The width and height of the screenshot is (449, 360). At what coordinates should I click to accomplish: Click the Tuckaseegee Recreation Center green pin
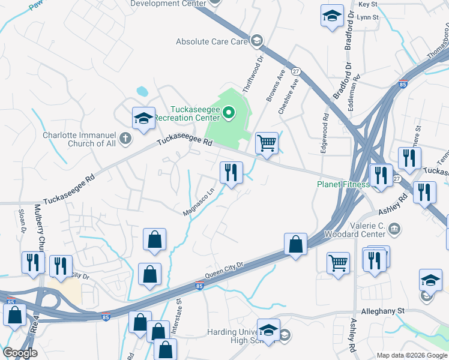[228, 112]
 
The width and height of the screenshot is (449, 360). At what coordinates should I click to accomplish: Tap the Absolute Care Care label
[211, 42]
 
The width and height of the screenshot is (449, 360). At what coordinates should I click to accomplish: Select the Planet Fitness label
[343, 184]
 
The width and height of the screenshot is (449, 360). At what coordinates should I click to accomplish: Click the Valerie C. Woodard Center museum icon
[395, 227]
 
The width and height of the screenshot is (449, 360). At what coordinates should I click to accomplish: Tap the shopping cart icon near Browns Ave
[267, 144]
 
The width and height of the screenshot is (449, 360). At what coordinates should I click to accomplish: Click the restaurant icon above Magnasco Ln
[231, 173]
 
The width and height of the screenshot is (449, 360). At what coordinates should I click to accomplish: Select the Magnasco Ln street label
[199, 203]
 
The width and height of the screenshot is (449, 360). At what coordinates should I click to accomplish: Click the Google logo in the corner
[20, 353]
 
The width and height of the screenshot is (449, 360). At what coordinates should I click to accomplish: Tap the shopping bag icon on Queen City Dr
[295, 245]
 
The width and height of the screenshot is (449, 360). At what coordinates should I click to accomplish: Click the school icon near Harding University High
[268, 330]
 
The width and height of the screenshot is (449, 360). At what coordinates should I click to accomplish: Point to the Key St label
[367, 4]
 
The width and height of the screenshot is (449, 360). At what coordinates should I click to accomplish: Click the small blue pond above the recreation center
[142, 92]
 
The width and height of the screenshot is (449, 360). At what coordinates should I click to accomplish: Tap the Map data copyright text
[412, 355]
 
